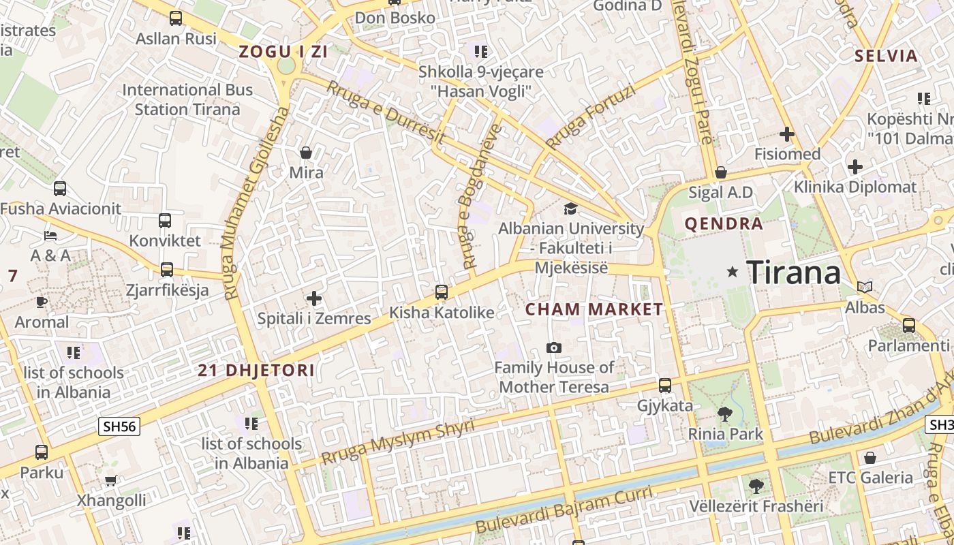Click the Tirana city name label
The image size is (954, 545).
pyautogui.click(x=794, y=272)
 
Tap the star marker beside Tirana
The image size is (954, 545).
pyautogui.click(x=733, y=272)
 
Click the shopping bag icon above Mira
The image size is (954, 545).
pyautogui.click(x=306, y=152)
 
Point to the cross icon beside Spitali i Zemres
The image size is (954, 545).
pyautogui.click(x=314, y=298)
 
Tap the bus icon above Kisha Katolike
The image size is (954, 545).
pyautogui.click(x=442, y=292)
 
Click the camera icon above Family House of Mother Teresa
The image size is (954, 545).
pyautogui.click(x=554, y=348)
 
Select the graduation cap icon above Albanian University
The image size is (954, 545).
pyautogui.click(x=570, y=208)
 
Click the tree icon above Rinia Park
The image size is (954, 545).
pyautogui.click(x=725, y=414)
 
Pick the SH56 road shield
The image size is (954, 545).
pyautogui.click(x=119, y=427)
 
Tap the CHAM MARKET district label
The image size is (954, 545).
pyautogui.click(x=594, y=309)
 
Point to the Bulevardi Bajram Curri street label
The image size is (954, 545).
pyautogui.click(x=565, y=510)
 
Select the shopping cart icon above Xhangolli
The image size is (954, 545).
pyautogui.click(x=110, y=481)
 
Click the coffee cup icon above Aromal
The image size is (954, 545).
pyautogui.click(x=42, y=302)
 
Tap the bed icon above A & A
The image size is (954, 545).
pyautogui.click(x=50, y=236)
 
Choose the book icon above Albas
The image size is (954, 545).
pyautogui.click(x=865, y=287)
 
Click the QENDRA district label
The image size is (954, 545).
pyautogui.click(x=724, y=223)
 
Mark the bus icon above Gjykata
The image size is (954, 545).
pyautogui.click(x=665, y=386)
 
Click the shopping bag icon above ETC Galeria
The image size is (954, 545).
pyautogui.click(x=870, y=458)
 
